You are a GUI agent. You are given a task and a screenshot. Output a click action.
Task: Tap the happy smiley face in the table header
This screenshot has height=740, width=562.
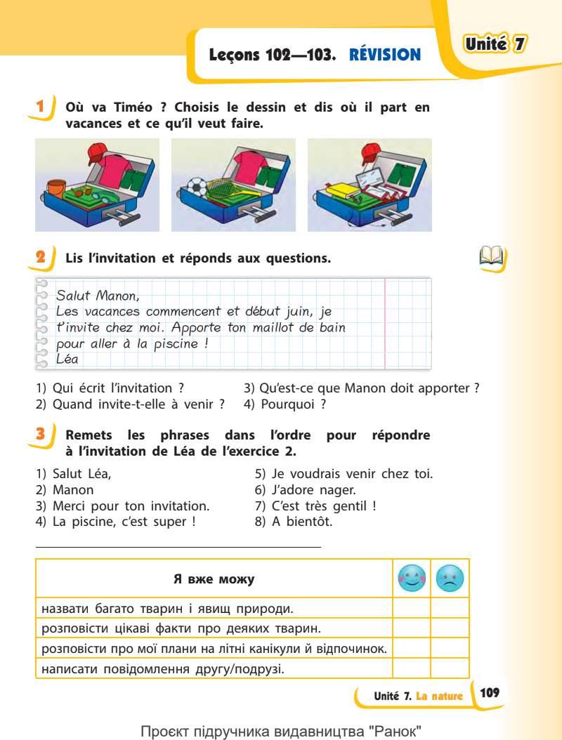coord(411,579)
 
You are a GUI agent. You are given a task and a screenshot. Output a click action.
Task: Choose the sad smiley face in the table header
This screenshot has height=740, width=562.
coord(450,579)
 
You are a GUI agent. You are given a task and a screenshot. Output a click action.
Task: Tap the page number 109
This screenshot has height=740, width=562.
coord(489,693)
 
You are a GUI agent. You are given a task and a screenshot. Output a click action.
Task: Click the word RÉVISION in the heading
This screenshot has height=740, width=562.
coord(385,54)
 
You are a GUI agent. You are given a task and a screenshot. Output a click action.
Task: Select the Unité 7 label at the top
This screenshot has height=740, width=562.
coord(496,44)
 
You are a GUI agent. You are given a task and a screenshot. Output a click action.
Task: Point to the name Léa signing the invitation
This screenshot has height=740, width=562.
coord(67,359)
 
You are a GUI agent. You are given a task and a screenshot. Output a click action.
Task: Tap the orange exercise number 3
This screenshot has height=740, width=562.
coord(41,435)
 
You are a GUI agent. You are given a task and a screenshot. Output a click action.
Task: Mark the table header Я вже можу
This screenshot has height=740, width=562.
coord(214,579)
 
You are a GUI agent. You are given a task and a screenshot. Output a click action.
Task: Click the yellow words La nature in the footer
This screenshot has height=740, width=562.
coord(439,696)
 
